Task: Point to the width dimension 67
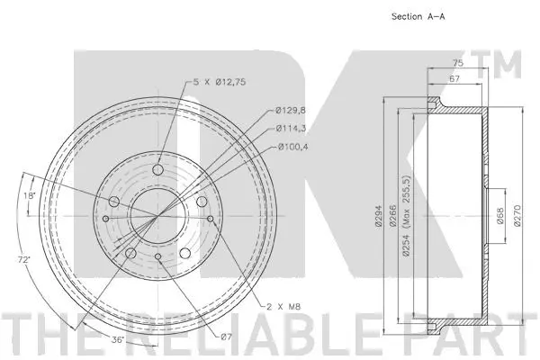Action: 455,80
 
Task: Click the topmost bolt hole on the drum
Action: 158,169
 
